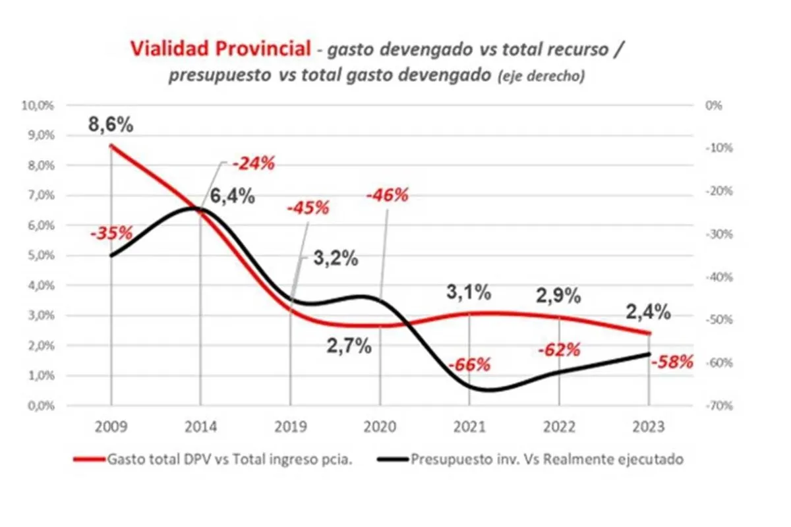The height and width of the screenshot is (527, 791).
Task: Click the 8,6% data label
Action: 111,123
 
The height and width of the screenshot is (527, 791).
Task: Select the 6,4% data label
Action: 233,196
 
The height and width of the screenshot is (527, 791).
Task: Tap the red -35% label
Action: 111,233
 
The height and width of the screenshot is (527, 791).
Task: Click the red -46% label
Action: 387,195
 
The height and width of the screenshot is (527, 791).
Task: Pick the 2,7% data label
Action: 349,345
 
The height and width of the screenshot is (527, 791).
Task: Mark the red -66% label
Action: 469,364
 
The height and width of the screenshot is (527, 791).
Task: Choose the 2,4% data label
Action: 649,311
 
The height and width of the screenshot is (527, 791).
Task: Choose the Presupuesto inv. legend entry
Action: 547,459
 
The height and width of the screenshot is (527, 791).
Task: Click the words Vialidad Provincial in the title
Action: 220,49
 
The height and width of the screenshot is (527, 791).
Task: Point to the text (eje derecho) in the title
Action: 538,76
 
